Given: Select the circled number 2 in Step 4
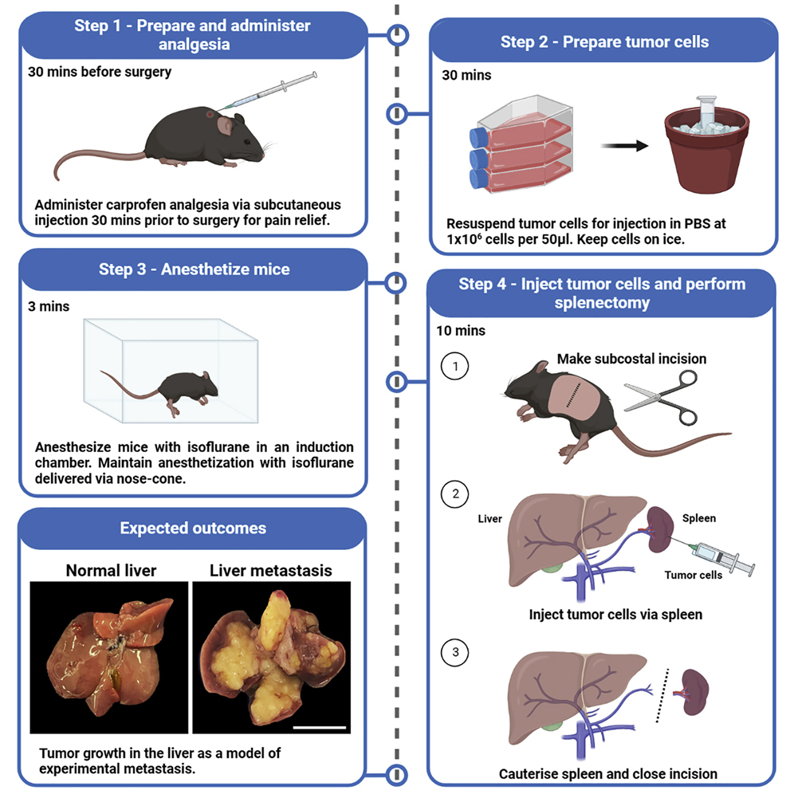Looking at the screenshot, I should tap(455, 494).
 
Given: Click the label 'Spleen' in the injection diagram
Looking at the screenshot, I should tap(699, 518).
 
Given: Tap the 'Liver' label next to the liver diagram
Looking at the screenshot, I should tap(489, 519).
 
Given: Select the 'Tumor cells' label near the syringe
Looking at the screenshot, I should tap(694, 575).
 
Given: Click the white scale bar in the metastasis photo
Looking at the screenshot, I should tap(319, 726).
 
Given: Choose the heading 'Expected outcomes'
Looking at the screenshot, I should tap(193, 529).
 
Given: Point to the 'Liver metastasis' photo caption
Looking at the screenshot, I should tap(271, 571).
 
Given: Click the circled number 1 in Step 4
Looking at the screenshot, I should tap(455, 367).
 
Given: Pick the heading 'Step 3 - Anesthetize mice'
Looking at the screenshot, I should tap(194, 269).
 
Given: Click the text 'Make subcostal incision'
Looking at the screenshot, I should tap(631, 359).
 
